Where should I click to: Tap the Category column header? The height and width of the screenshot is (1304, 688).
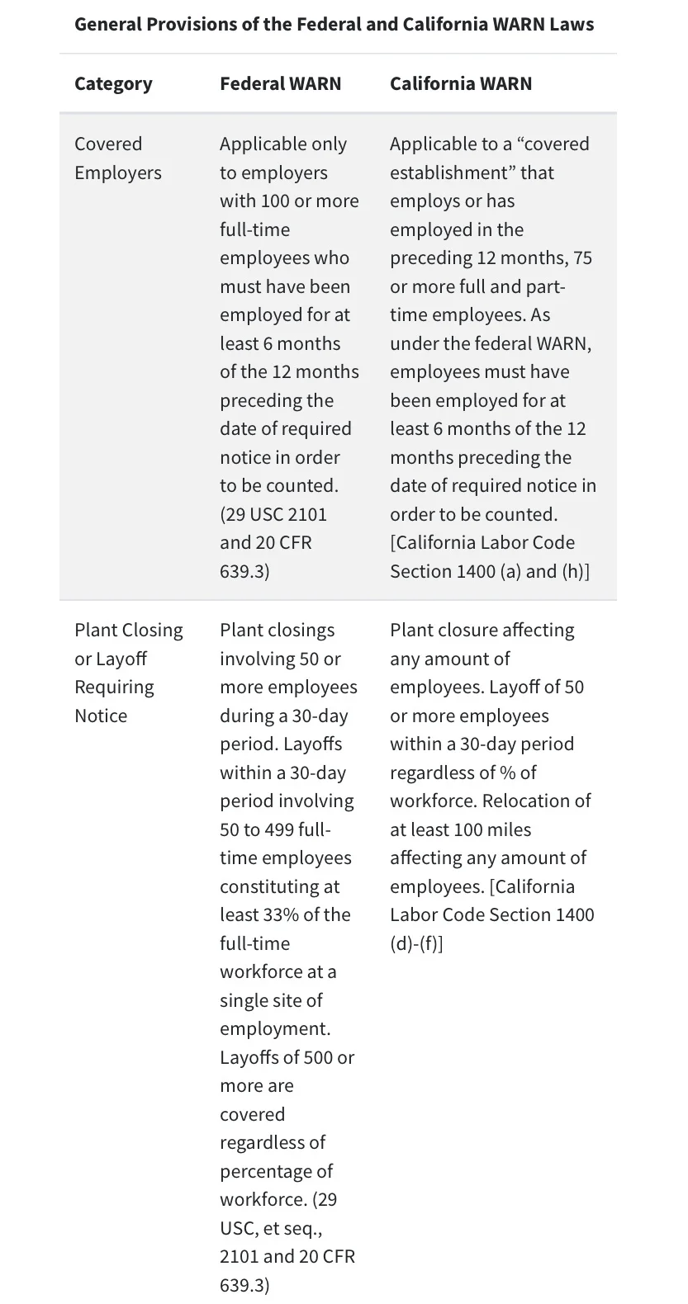click(113, 83)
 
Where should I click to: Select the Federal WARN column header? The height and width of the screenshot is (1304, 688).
click(280, 83)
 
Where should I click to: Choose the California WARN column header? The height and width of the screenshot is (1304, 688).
click(461, 83)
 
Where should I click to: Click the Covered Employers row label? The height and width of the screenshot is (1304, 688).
click(117, 158)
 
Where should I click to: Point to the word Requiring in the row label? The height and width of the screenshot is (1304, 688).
click(114, 687)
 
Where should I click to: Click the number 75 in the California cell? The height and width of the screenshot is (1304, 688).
click(582, 257)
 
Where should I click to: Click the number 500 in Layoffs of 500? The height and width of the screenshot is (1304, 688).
click(318, 1057)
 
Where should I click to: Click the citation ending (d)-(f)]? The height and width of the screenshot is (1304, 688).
click(416, 943)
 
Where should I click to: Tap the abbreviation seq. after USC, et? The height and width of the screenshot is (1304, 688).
click(303, 1228)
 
